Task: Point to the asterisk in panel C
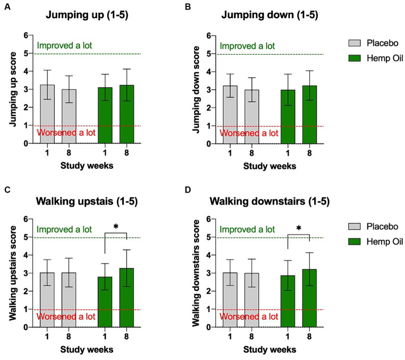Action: click(x=116, y=227)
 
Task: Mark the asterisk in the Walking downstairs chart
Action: click(x=299, y=229)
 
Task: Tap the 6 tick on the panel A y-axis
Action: click(x=30, y=36)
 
